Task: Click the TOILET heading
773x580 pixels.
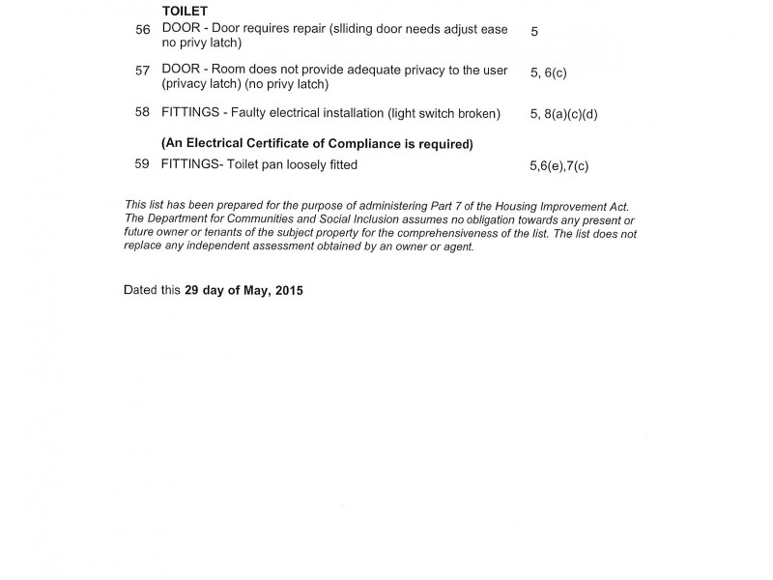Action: [x=185, y=11]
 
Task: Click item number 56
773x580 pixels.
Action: [x=143, y=30]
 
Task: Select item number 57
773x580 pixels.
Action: [x=143, y=71]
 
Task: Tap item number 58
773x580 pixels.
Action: [x=143, y=113]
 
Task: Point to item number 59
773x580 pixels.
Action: [x=142, y=164]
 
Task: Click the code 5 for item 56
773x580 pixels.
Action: [x=534, y=31]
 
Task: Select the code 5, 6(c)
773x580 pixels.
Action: [x=548, y=72]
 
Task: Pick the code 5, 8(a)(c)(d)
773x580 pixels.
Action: [x=564, y=114]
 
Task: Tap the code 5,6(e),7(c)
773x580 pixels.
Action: [x=558, y=166]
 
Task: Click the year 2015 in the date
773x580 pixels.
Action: [x=289, y=290]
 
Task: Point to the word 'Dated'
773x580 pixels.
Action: [x=141, y=290]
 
